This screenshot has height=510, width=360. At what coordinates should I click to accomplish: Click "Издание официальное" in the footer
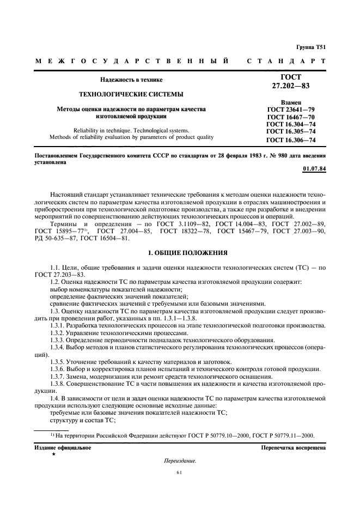(x=64, y=447)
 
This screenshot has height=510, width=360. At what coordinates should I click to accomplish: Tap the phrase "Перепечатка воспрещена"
(x=294, y=447)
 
